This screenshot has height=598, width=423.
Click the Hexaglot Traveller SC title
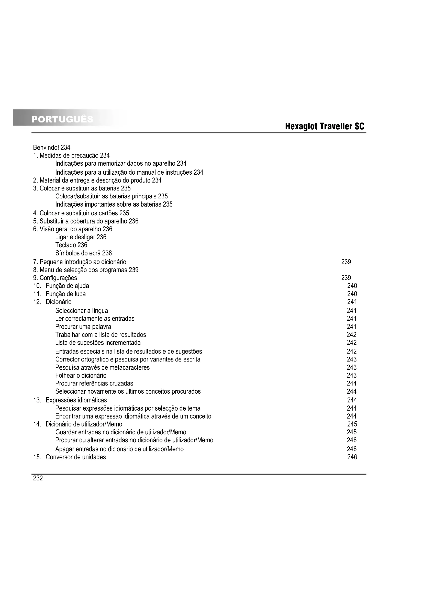(325, 127)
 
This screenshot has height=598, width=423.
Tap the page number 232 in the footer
(38, 478)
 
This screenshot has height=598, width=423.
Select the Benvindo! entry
(52, 148)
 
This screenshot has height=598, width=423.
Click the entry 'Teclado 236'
(71, 245)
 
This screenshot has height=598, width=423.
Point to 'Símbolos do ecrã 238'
(83, 253)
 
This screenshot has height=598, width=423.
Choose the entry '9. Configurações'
(55, 278)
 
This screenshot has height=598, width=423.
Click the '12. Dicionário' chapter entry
(52, 302)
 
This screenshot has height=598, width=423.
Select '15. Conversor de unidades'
(70, 457)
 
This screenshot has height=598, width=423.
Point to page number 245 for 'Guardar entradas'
(351, 432)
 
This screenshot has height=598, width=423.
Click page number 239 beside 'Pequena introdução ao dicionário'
(346, 262)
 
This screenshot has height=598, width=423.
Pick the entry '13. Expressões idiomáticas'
(70, 400)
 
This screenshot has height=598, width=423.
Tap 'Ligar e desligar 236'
(81, 237)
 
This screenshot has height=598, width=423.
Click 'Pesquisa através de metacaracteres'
(102, 367)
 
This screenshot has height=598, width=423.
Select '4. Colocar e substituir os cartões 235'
(81, 213)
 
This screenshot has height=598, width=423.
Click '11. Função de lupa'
(59, 294)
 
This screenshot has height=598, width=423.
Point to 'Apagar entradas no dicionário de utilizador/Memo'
(119, 449)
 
